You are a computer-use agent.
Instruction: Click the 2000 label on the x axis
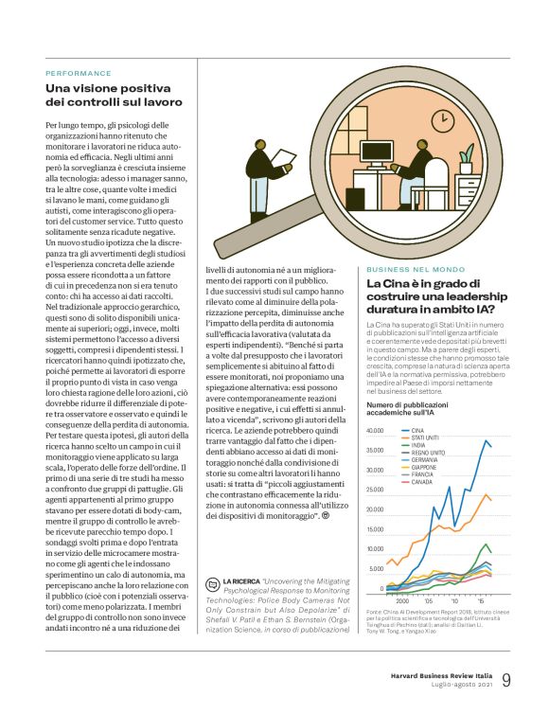pos(401,600)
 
